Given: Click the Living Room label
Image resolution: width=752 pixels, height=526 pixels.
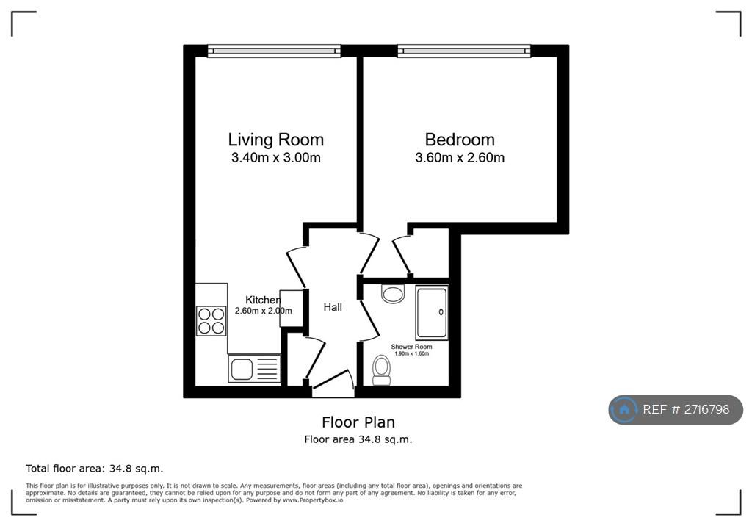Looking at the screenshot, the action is tap(276, 140).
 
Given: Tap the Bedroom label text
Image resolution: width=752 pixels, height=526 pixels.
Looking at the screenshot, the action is tap(460, 140).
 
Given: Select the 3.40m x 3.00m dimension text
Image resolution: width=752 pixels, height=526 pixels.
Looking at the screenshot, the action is tap(276, 157).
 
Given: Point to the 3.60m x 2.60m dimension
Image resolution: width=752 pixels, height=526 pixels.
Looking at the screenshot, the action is tap(460, 157).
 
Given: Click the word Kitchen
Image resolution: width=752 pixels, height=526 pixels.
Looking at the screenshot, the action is tap(263, 300).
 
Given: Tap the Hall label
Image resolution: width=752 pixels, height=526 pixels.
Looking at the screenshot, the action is tap(333, 307).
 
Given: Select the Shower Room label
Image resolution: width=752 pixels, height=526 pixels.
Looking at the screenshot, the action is tap(411, 347).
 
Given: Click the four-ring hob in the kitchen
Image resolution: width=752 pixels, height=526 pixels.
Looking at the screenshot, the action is tap(211, 320).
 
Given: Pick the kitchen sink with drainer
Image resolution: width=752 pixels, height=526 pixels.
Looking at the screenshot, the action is tap(254, 369).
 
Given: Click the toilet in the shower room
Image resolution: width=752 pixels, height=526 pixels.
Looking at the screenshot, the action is tap(382, 370).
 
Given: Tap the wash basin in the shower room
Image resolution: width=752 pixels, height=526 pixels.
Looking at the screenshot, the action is tap(393, 293).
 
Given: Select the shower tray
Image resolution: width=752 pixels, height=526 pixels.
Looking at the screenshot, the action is tap(432, 312).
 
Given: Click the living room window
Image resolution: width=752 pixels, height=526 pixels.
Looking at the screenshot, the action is tap(274, 51).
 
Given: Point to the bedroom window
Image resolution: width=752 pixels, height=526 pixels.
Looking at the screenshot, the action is tap(464, 51).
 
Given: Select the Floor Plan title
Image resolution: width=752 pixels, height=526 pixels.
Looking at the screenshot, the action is tap(358, 422).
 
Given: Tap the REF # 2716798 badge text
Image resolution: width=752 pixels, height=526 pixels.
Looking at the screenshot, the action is tap(686, 409).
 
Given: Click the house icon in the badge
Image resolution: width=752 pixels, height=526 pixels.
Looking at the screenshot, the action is tap(624, 409).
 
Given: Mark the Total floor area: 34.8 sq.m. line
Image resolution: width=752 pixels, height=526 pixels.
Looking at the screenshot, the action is tap(95, 469).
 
